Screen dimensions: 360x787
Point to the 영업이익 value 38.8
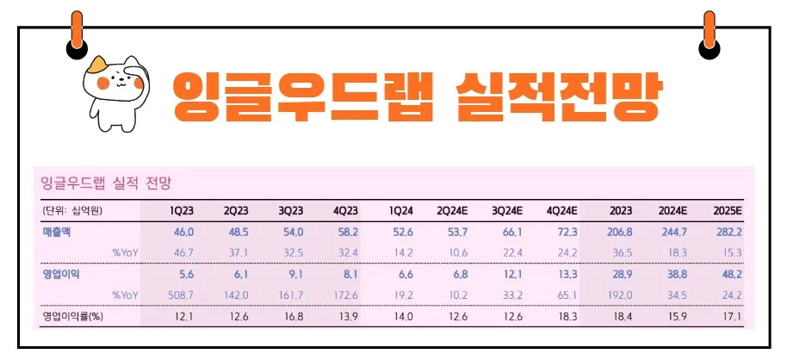[672, 274]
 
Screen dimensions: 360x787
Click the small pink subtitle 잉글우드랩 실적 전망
[107, 183]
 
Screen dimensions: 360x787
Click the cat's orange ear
[96, 63]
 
